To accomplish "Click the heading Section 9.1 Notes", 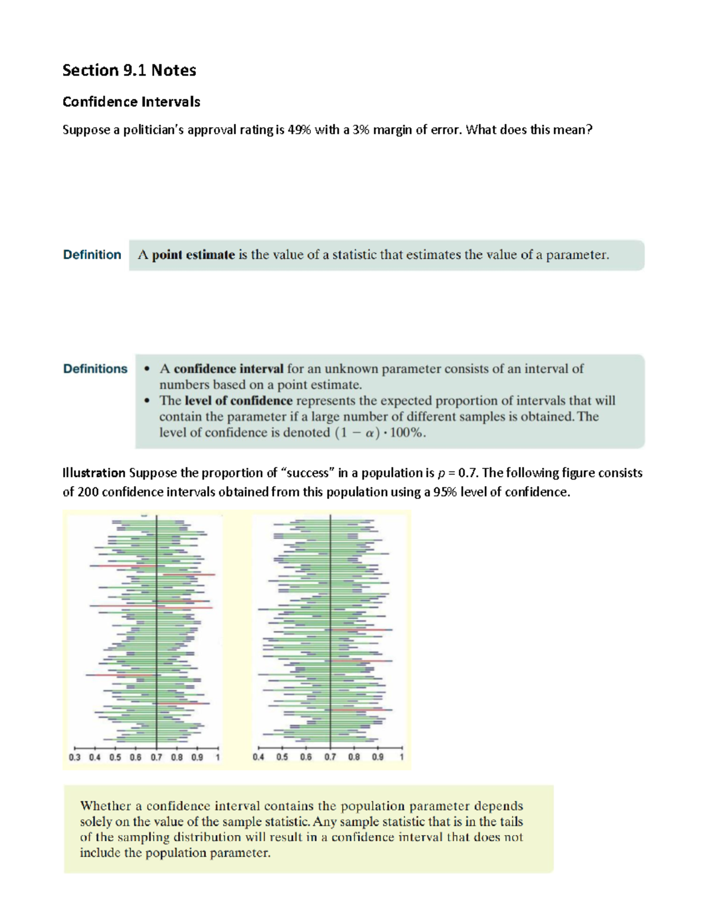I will (129, 70).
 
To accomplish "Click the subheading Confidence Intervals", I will (131, 102).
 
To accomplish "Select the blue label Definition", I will (92, 255).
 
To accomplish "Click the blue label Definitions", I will (95, 369).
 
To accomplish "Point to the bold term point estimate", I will (194, 255).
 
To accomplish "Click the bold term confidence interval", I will (228, 369).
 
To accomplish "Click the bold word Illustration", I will (94, 473).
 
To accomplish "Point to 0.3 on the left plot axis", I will (74, 757).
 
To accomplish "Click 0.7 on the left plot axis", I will (156, 757).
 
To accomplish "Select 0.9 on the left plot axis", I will (197, 757).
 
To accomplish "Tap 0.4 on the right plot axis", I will (258, 757).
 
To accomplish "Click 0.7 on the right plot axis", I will (330, 757).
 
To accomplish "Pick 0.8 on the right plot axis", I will (354, 757).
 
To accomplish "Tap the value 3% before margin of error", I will (360, 130).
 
